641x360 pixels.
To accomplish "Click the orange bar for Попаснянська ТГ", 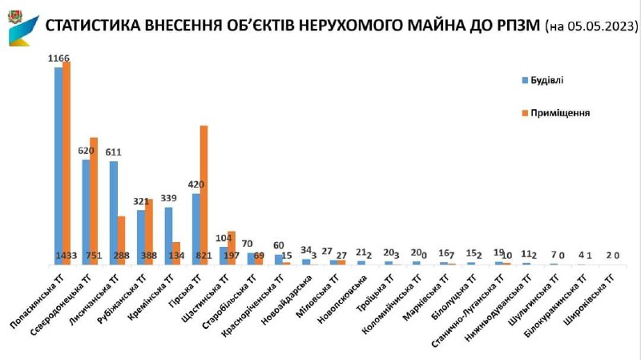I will coord(67,160).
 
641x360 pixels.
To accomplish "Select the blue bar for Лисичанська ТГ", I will coord(114,212).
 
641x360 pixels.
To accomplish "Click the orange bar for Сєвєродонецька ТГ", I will coord(94,200).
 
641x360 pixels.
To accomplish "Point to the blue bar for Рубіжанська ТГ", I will coord(141,237).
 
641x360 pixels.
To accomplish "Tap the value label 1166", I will coord(59,59).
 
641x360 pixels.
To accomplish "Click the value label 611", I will coord(114,152).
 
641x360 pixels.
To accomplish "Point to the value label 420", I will coord(196,184).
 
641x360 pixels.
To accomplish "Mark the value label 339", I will coord(169,198).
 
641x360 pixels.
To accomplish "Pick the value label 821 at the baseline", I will coord(204,256).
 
